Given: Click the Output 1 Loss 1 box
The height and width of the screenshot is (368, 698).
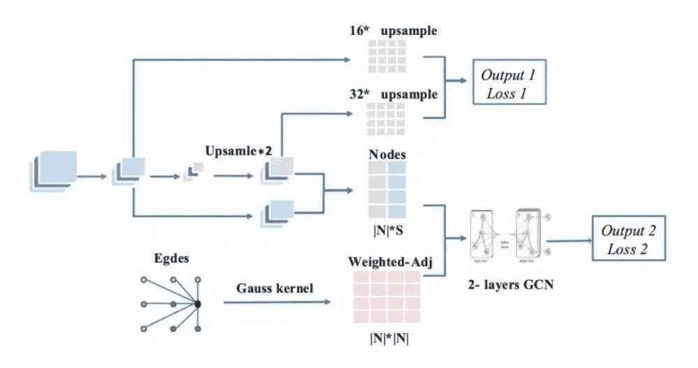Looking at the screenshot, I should click(508, 83).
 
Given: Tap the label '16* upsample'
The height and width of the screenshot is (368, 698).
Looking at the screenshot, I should click(394, 32).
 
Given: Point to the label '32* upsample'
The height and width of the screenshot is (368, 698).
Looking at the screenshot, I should click(394, 94).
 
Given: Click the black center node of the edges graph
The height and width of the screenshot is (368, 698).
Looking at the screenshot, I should click(198, 304).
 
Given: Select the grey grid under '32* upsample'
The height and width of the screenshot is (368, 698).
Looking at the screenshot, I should click(386, 117).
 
